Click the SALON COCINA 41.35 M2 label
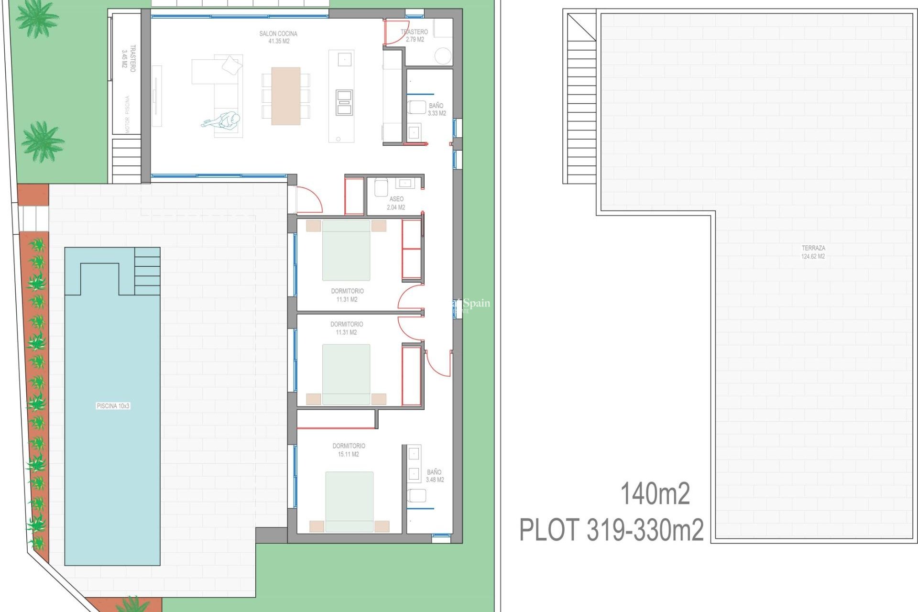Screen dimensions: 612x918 [278, 37]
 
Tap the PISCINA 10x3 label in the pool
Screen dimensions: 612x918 [113, 406]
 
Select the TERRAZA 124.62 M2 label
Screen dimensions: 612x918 [813, 252]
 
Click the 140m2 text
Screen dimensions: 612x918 [655, 494]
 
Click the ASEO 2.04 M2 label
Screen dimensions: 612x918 [396, 203]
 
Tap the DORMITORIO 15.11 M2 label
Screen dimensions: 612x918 [349, 450]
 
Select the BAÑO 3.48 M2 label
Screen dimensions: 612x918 [435, 476]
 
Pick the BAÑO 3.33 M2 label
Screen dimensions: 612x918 [437, 109]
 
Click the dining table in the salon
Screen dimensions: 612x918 [286, 96]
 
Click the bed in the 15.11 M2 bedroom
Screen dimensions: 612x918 [350, 501]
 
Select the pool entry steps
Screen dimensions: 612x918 [147, 271]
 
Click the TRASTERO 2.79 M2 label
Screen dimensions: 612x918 [415, 35]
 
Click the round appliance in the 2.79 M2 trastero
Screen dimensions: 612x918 [443, 56]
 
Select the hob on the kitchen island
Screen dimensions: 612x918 [344, 102]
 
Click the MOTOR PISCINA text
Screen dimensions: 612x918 [127, 115]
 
